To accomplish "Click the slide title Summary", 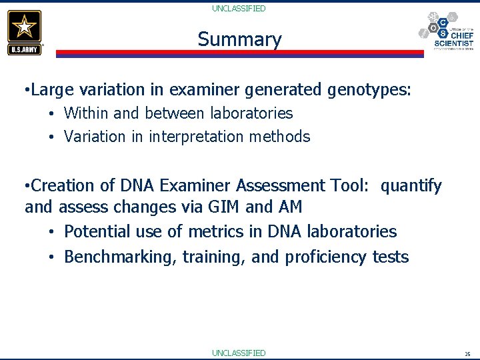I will [x=239, y=40].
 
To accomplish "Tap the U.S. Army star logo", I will [x=25, y=32].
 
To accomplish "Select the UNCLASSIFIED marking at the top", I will [x=239, y=9].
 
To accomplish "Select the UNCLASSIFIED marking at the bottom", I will [x=239, y=353].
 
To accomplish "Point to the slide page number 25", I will [x=467, y=354].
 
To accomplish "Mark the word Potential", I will [x=96, y=232].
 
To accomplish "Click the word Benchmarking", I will [x=118, y=257].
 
